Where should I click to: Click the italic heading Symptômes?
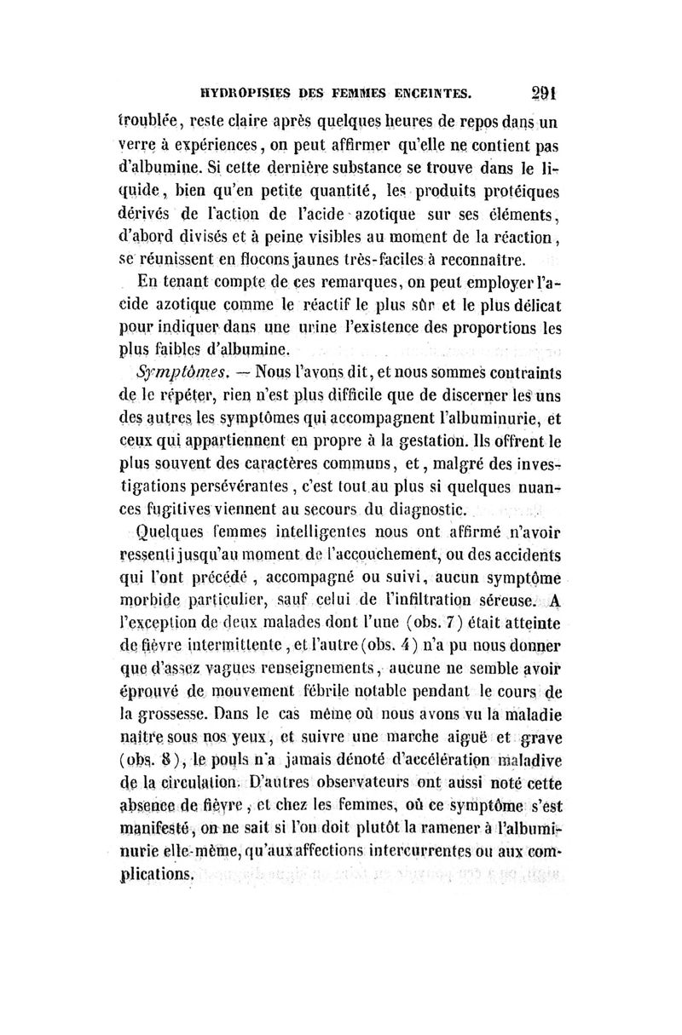tap(178, 371)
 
